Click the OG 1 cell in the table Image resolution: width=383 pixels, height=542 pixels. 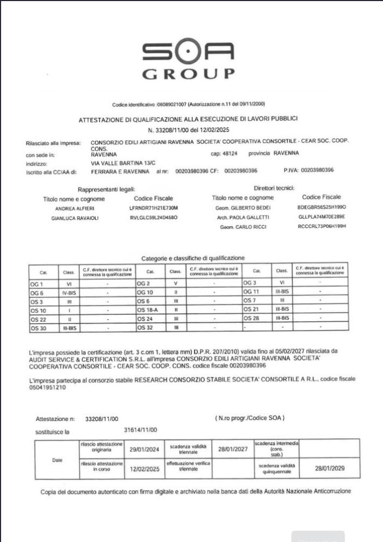(x=38, y=283)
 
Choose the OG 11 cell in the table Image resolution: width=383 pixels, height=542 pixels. (x=253, y=292)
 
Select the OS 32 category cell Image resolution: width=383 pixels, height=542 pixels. (x=146, y=328)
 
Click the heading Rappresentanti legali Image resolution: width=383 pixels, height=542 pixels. (x=107, y=189)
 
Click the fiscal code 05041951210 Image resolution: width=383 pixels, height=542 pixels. (x=47, y=387)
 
